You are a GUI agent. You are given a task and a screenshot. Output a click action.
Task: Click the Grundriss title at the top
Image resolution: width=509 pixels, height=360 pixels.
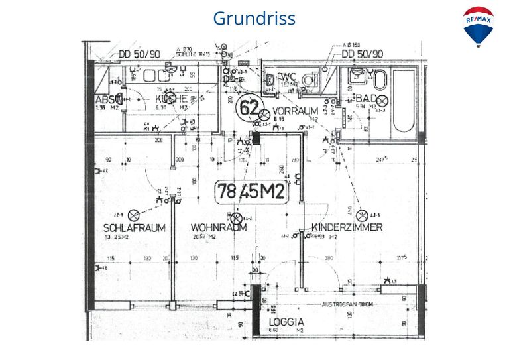254,18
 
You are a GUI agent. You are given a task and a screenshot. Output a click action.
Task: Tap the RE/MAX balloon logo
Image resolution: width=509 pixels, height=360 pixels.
478,27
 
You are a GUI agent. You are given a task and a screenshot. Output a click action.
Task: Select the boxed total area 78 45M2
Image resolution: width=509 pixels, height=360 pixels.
252,192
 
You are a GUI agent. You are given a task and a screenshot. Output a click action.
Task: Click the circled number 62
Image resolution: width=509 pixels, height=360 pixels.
249,107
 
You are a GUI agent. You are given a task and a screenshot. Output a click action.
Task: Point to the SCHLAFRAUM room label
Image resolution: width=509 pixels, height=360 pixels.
133,227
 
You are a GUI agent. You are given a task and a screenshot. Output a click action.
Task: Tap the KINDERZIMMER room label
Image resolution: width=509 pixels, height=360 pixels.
347,227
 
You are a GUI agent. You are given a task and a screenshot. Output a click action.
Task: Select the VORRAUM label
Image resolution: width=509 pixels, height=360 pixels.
296,111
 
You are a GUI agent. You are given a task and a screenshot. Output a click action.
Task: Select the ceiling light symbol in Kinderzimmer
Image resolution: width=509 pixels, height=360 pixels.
362,215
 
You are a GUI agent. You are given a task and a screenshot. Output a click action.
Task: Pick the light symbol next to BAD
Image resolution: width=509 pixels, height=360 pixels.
382,100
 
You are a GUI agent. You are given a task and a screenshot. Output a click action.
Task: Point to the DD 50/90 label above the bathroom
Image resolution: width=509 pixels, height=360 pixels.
362,54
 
